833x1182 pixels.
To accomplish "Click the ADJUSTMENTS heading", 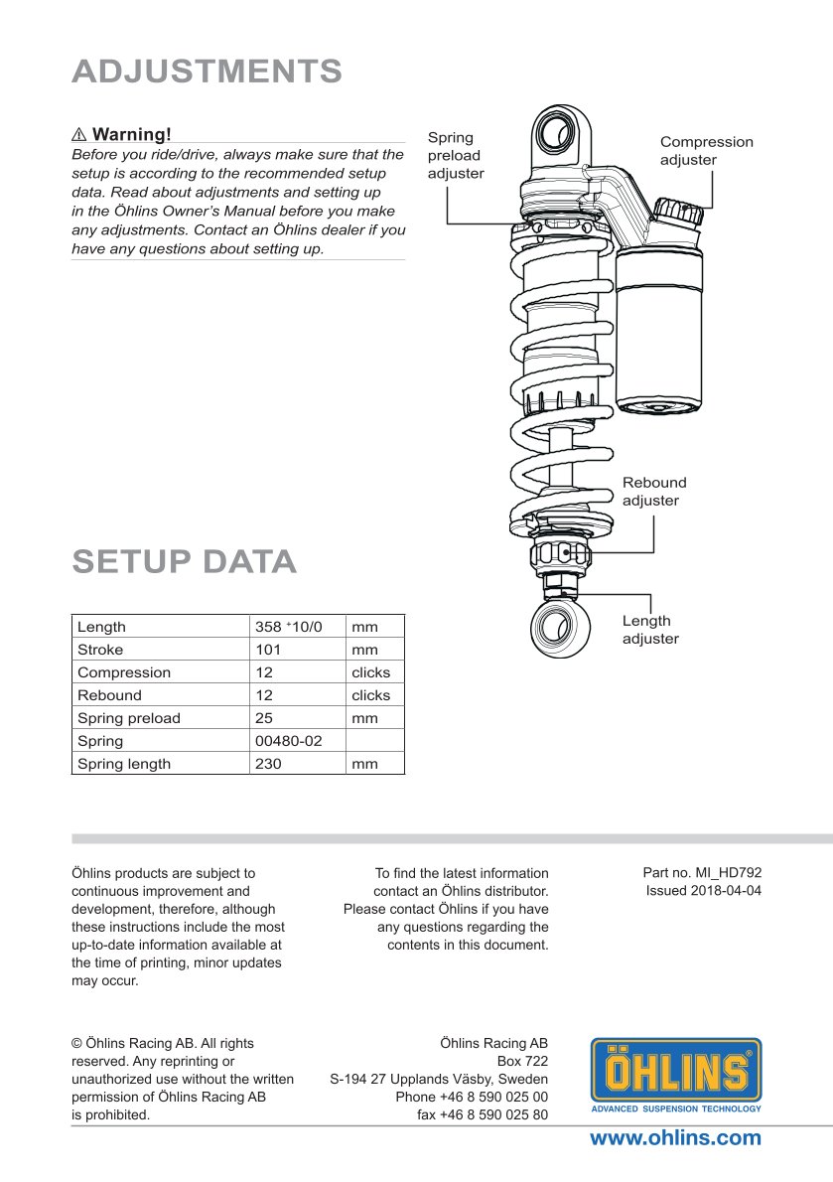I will [x=207, y=72].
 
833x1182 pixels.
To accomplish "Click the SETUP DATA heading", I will [x=184, y=561].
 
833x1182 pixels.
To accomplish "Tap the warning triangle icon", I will [x=79, y=134].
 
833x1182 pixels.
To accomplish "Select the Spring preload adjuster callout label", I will [x=456, y=155].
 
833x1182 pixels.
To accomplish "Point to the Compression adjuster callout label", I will [x=706, y=151].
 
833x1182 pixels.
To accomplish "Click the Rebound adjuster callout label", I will [x=654, y=492].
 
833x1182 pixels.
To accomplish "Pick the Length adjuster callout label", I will [x=650, y=630].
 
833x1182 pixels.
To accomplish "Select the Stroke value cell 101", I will [x=268, y=650].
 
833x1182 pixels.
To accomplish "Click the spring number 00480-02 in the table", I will [x=288, y=741].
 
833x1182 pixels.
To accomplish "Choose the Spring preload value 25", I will [x=264, y=718].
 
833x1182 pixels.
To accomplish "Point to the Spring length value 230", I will [x=268, y=764].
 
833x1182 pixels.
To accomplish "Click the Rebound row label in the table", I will [x=109, y=695].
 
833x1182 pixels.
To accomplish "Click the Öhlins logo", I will [x=676, y=1075].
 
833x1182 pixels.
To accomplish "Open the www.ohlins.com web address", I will [x=675, y=1138].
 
